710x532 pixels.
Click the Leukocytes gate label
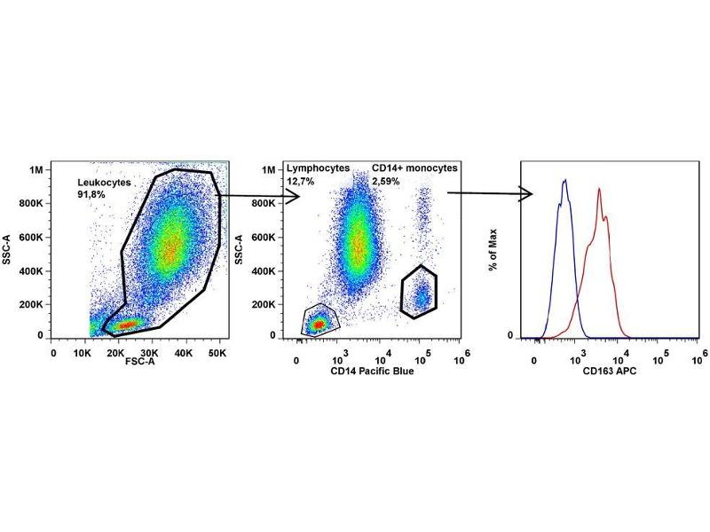tap(104, 182)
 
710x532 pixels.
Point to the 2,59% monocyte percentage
tap(385, 181)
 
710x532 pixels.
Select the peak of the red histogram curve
tap(600, 189)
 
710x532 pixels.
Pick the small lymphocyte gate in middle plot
tap(320, 321)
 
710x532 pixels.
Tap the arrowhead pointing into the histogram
tap(526, 194)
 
